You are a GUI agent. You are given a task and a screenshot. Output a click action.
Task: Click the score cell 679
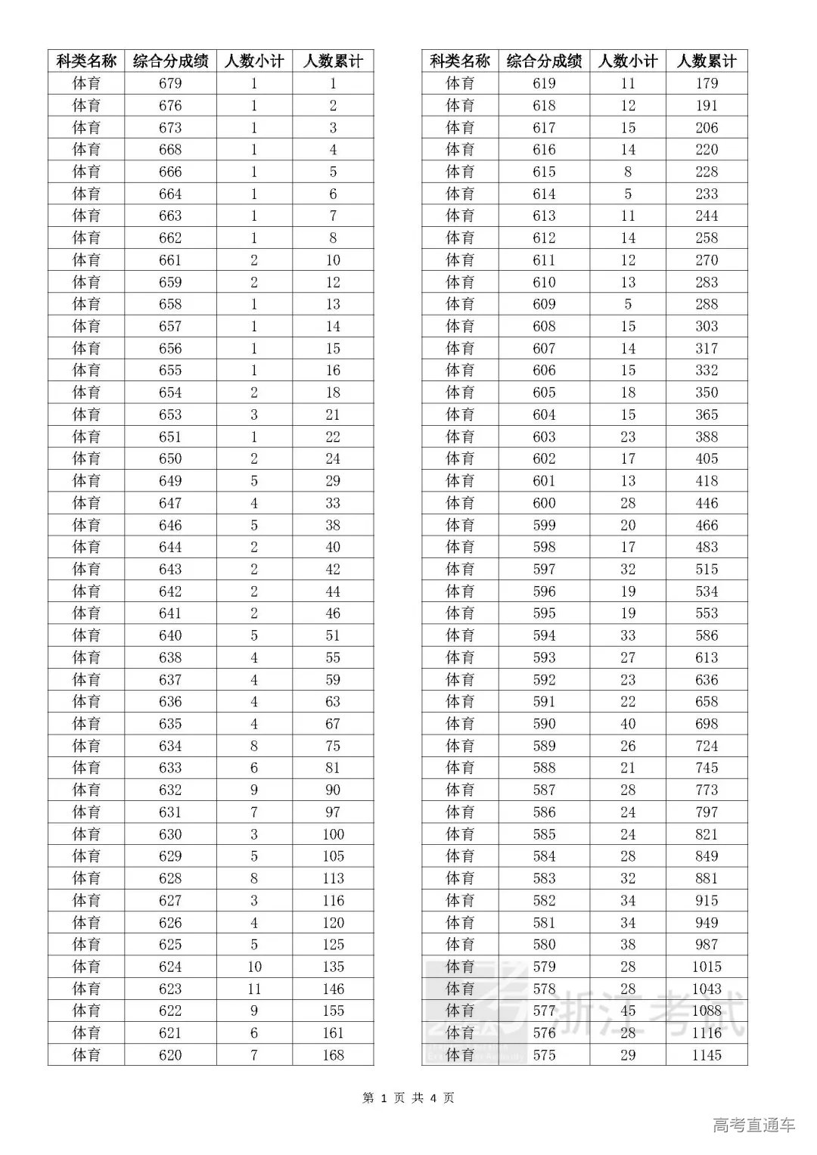pos(170,83)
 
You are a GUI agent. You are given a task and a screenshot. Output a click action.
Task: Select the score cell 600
pos(544,503)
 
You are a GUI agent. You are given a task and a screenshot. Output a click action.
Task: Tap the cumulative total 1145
pos(707,1054)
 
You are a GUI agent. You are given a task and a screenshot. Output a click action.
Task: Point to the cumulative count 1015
pos(707,967)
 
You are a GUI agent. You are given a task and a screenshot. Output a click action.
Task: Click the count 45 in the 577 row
pos(628,1011)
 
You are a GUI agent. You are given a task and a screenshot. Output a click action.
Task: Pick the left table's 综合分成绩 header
pos(170,61)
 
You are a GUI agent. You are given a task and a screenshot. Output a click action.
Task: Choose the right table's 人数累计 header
pos(707,61)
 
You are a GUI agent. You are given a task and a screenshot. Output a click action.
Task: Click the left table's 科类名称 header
pos(86,61)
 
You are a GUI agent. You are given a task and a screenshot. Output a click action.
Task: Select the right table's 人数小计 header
pos(628,61)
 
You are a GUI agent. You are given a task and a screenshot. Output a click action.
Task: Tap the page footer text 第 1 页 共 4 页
pos(408,1098)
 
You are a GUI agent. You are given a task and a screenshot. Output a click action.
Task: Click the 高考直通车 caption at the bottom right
pos(754,1125)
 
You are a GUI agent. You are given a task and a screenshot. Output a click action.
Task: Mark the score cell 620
pos(170,1054)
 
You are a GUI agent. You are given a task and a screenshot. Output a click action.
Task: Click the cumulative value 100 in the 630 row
pos(333,834)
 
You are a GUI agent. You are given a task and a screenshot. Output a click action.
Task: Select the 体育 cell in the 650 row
pos(86,458)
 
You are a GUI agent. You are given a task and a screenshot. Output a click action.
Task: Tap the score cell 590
pos(544,724)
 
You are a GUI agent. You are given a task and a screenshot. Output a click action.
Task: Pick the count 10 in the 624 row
pos(254,967)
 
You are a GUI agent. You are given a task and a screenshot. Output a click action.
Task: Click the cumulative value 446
pos(707,503)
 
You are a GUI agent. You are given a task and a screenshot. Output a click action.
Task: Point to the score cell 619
pos(544,83)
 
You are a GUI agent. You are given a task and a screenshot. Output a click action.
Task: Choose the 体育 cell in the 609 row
pos(460,304)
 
